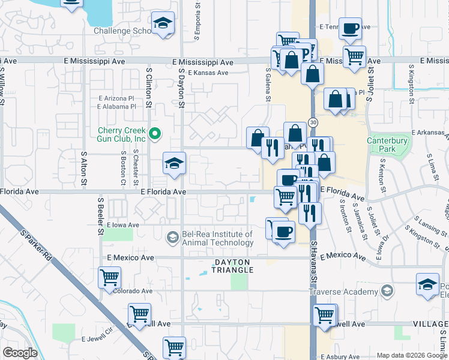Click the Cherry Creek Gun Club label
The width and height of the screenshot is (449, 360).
click(x=122, y=134)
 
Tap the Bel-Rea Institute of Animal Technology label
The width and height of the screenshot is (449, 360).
click(x=207, y=239)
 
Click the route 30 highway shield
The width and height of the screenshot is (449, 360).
click(x=313, y=122)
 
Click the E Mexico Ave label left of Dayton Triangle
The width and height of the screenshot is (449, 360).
click(x=130, y=257)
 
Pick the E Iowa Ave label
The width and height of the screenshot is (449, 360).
click(x=122, y=225)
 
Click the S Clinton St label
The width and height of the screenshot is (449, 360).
click(x=149, y=88)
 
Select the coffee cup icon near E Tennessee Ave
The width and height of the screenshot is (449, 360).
click(x=350, y=28)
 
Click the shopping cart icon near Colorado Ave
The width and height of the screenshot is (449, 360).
click(x=110, y=277)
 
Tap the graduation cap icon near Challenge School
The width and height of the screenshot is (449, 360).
click(x=161, y=23)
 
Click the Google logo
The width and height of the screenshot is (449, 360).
click(x=20, y=353)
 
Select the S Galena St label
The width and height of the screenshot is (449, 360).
click(x=269, y=85)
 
